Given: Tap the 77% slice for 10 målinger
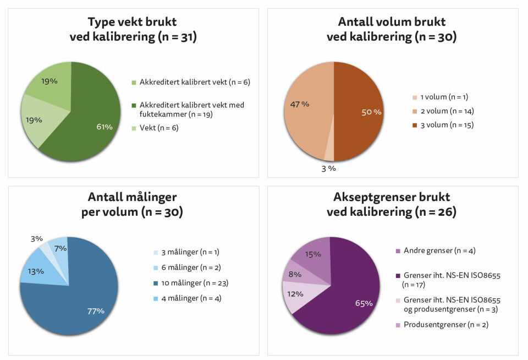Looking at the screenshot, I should coord(82,303).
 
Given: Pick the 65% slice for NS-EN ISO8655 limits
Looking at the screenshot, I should coord(352,297).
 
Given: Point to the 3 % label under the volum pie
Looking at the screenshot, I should coord(328,168).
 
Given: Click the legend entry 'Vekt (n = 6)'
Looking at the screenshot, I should coord(159,128).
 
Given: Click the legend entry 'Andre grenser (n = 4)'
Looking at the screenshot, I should coord(439,250).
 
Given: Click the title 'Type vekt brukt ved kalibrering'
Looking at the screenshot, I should coord(133,30).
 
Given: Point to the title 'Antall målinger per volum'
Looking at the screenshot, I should coord(132,204).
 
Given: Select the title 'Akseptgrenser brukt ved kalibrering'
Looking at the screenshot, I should coord(392,204).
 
